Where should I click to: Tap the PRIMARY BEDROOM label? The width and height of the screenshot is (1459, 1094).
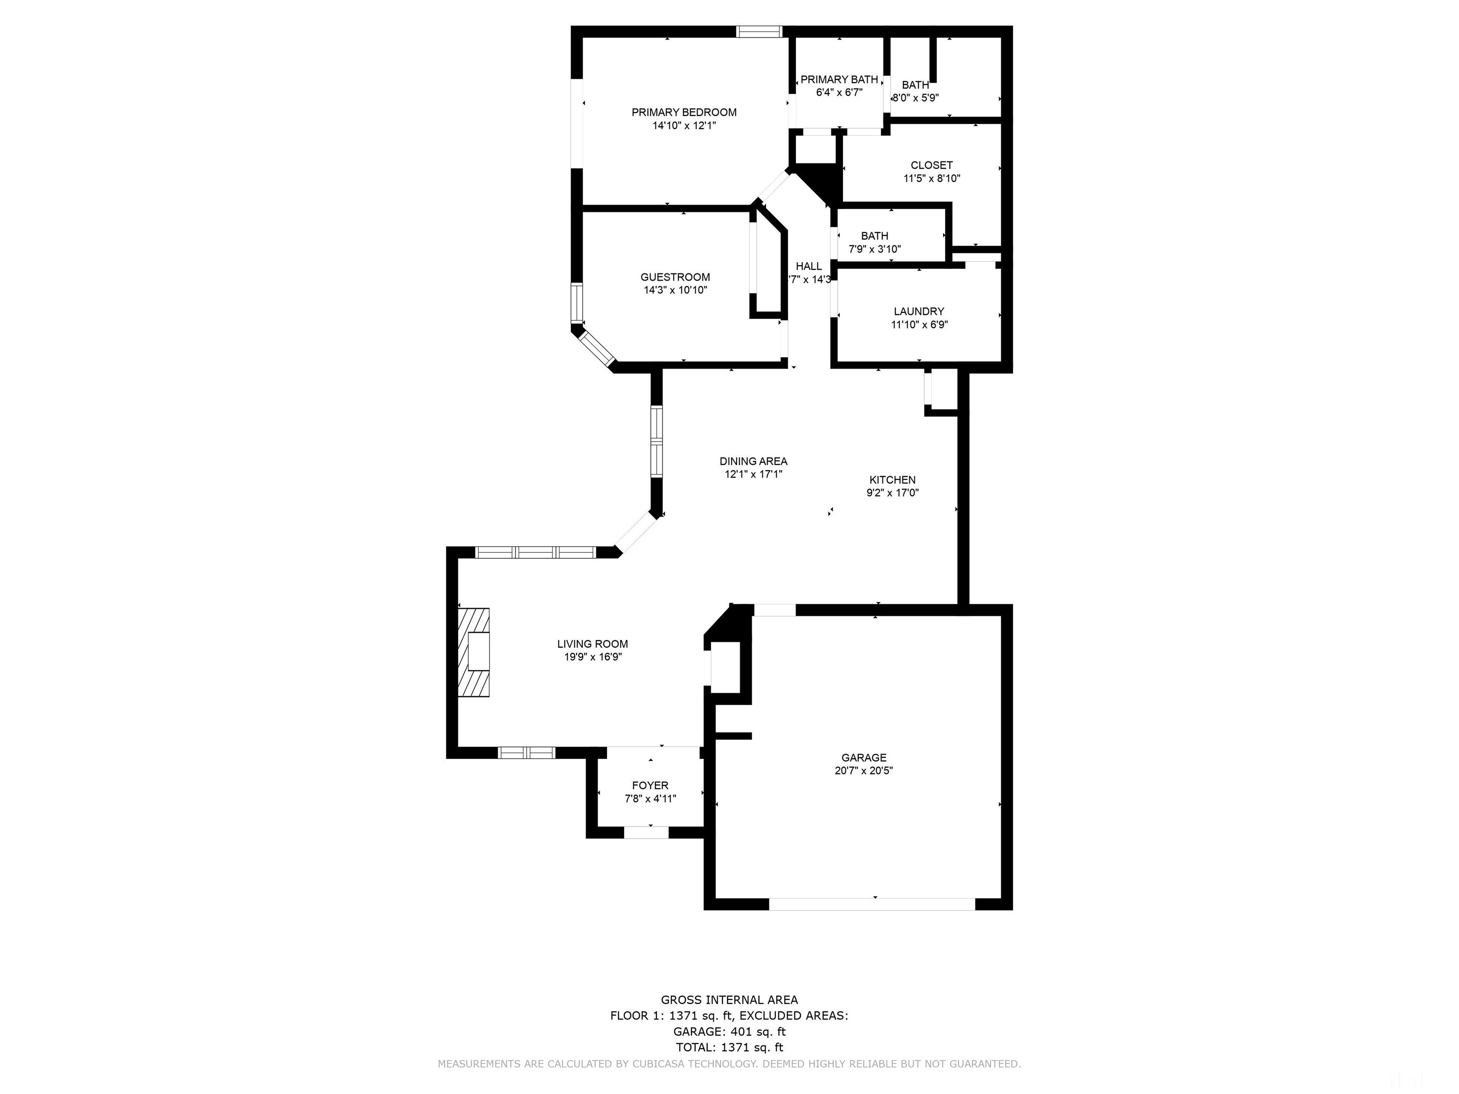[x=683, y=112]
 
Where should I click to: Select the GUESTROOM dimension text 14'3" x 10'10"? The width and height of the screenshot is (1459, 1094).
[x=675, y=290]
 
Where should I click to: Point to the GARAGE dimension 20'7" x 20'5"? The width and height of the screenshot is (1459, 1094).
[x=863, y=770]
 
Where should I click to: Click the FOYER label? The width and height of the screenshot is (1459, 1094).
[x=650, y=785]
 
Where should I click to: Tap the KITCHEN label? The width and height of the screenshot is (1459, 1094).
[x=892, y=480]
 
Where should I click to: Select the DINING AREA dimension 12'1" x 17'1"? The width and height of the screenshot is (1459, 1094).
[x=753, y=474]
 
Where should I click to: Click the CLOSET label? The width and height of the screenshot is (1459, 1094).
[x=931, y=165]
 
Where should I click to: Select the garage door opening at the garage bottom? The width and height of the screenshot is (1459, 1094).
[x=872, y=904]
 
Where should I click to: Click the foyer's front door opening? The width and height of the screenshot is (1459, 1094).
[x=646, y=833]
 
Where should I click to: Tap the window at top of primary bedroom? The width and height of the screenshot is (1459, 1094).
[x=758, y=31]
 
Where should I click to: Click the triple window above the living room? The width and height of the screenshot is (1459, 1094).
[x=536, y=553]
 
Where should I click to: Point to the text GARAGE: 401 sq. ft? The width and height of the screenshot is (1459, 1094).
[x=729, y=1031]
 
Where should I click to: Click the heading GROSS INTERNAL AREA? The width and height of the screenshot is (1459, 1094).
[x=729, y=1000]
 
